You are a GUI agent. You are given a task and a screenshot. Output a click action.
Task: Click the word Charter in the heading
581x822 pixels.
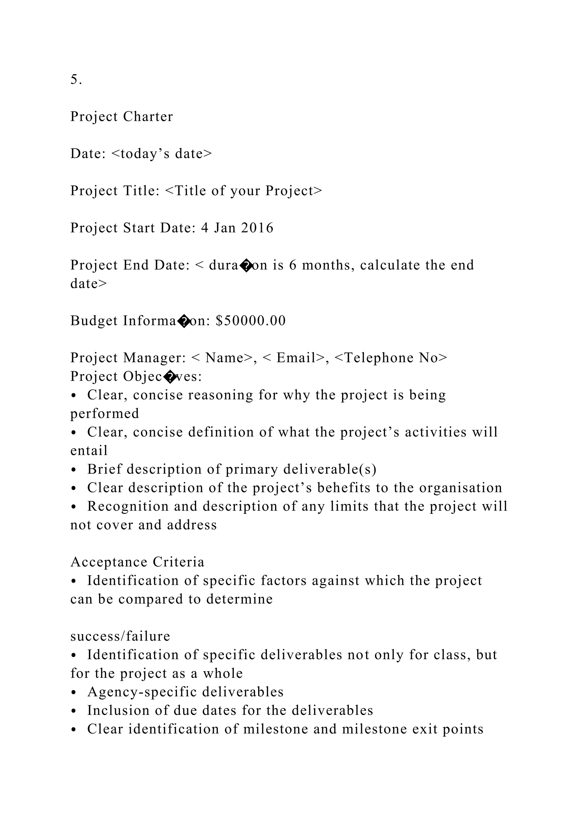(148, 117)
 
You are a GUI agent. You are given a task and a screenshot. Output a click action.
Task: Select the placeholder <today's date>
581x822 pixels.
(162, 154)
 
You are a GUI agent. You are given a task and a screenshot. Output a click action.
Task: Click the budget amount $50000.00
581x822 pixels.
(251, 321)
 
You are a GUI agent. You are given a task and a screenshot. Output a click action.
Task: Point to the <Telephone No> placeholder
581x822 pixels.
(391, 358)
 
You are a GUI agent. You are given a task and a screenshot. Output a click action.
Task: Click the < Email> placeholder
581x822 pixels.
(294, 358)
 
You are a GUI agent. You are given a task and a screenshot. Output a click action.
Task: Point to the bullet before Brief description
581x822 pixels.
(74, 470)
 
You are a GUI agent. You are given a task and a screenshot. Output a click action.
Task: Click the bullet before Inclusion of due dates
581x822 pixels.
(74, 711)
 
